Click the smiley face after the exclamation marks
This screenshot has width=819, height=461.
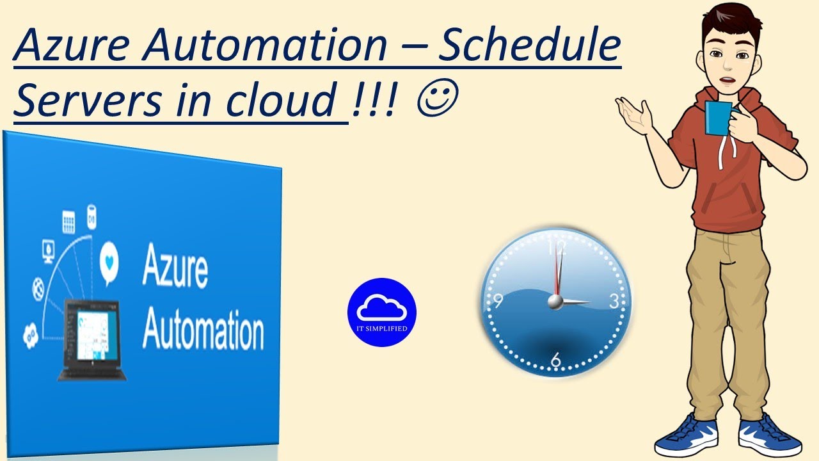[x=436, y=101]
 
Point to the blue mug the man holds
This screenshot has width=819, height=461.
[x=717, y=118]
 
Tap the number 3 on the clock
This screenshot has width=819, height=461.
[x=613, y=302]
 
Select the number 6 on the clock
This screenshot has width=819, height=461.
[x=555, y=360]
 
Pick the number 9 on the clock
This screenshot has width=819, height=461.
[x=498, y=301]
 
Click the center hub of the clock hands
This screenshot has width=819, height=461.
[x=555, y=302]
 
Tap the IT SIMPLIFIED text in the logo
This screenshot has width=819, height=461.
[x=382, y=328]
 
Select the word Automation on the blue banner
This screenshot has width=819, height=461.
[x=203, y=329]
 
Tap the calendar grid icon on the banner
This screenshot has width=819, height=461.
[x=68, y=222]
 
